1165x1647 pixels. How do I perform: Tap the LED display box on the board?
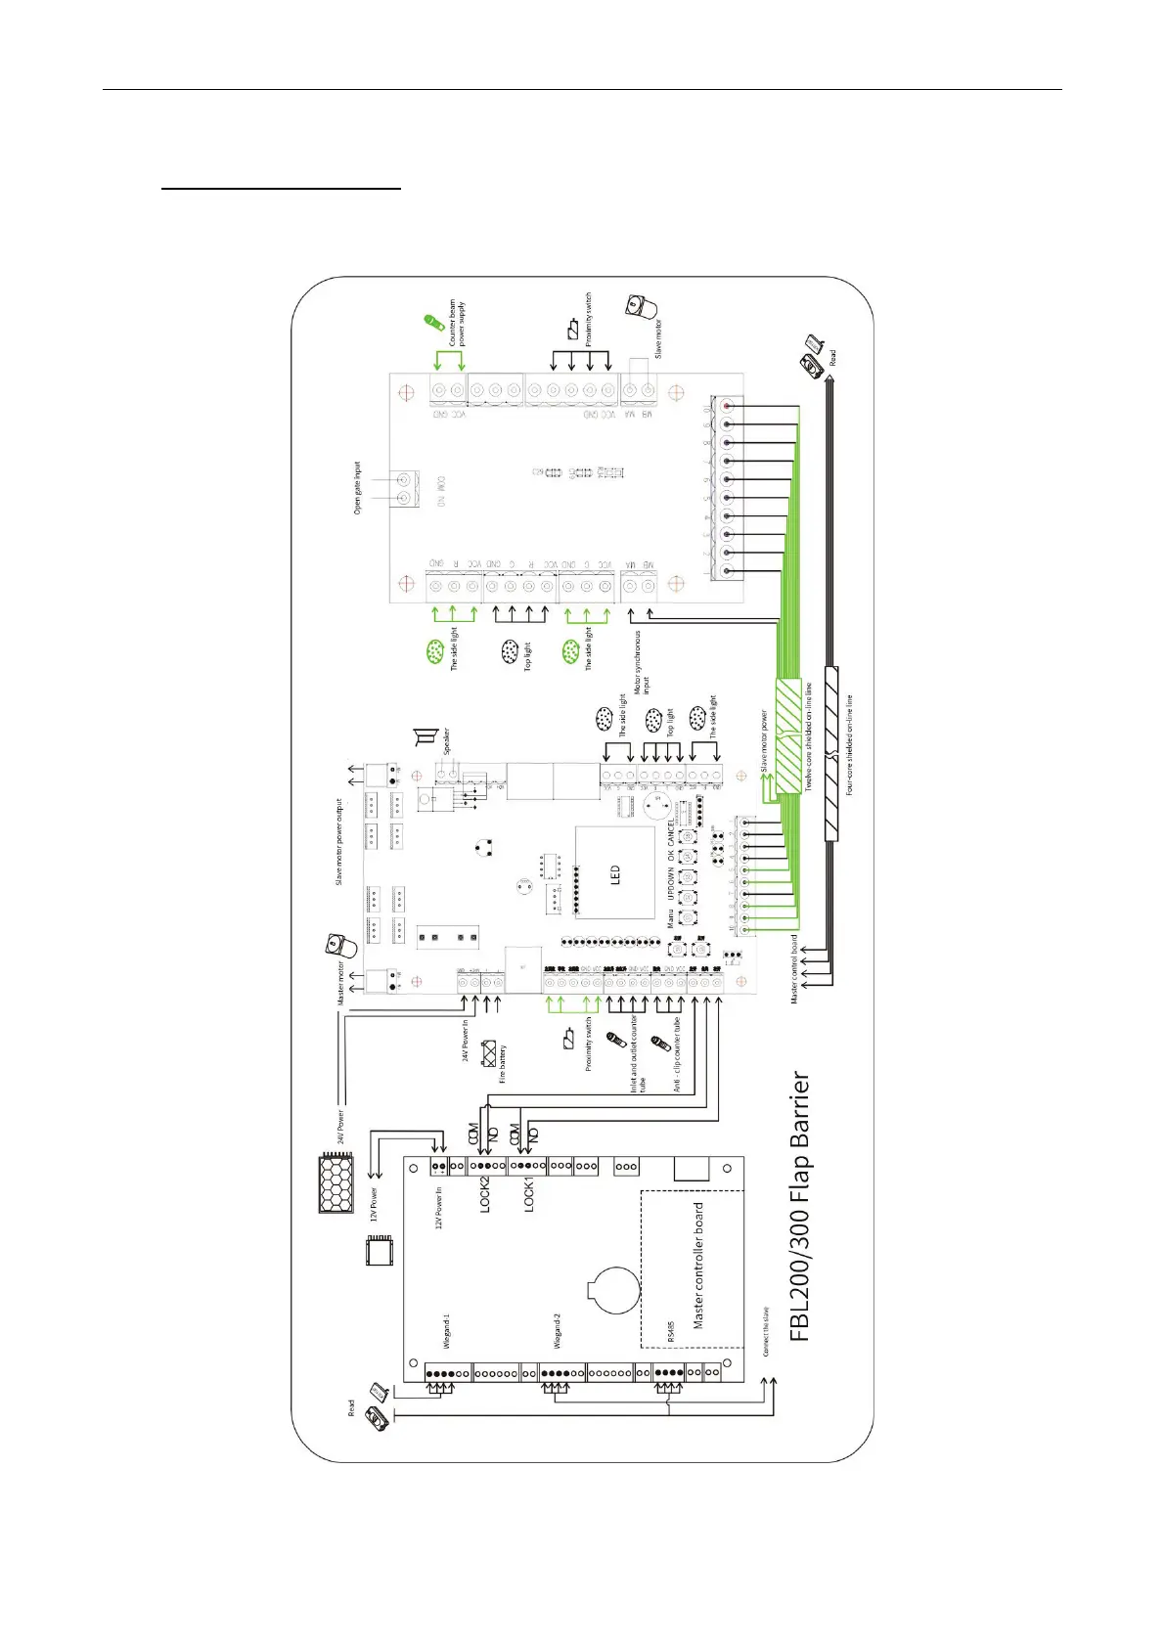click(614, 873)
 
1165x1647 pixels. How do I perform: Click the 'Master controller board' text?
click(698, 1265)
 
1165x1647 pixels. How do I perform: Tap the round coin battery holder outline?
click(612, 1288)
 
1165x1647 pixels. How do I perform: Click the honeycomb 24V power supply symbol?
click(336, 1182)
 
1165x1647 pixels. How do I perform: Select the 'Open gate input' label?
click(357, 488)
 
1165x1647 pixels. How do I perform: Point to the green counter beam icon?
click(430, 322)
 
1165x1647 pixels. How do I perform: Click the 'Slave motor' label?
click(658, 338)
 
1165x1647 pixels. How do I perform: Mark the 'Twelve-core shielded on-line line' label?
click(809, 736)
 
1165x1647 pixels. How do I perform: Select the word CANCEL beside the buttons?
click(671, 833)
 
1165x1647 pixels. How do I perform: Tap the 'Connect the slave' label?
click(766, 1331)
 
